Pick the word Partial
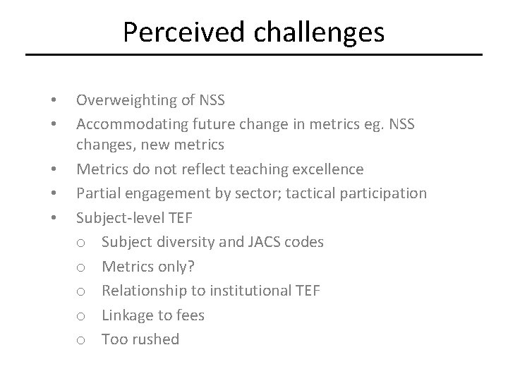tap(98, 193)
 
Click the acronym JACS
tap(263, 242)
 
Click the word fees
tap(190, 315)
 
